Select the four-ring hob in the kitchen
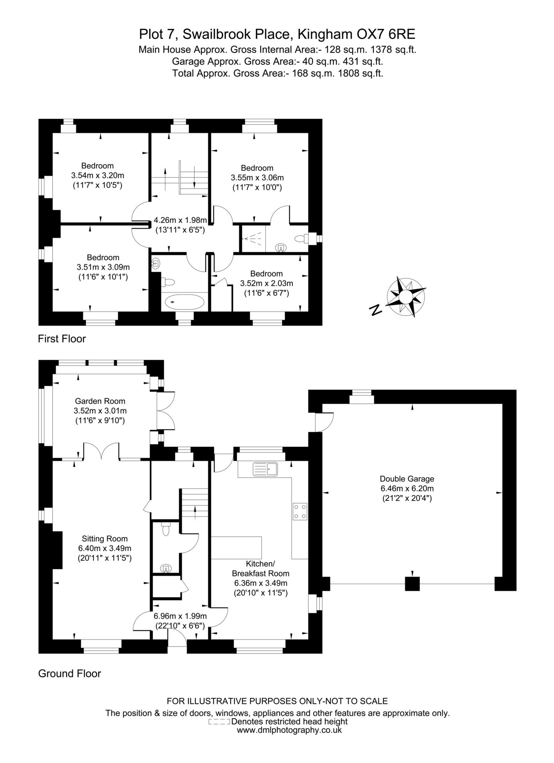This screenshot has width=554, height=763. click(300, 511)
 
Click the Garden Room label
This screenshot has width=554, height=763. click(100, 401)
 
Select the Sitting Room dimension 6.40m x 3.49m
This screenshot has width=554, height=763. click(105, 548)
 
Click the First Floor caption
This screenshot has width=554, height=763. click(62, 339)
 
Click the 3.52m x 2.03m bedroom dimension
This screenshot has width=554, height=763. click(266, 284)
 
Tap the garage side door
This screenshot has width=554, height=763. click(324, 422)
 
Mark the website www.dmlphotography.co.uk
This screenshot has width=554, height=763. click(289, 730)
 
